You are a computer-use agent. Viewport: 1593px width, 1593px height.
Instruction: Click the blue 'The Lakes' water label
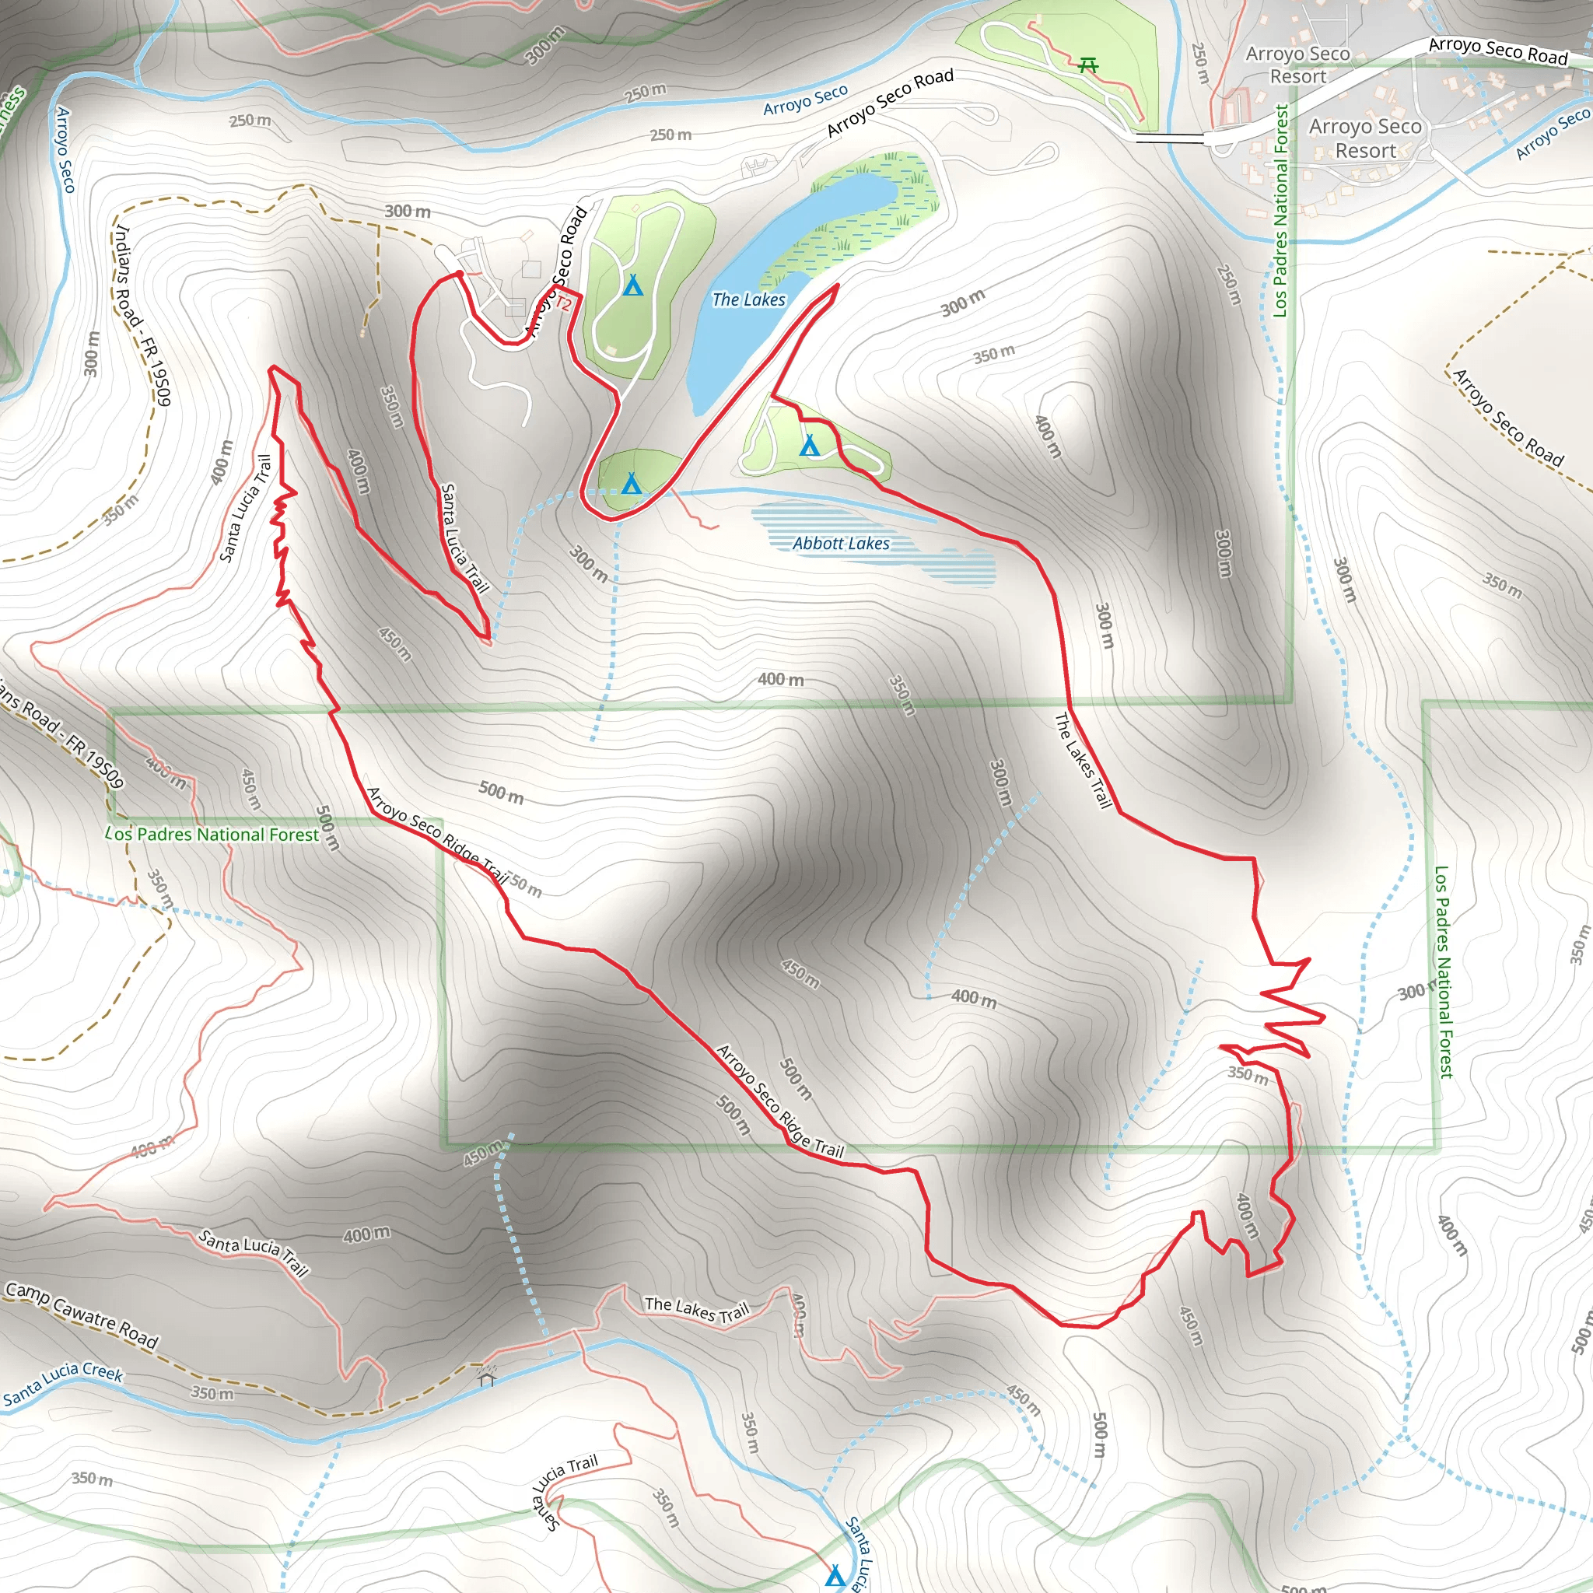(749, 300)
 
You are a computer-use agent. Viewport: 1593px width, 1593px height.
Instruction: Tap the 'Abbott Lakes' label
(841, 544)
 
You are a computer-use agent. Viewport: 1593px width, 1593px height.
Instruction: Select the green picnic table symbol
(1087, 65)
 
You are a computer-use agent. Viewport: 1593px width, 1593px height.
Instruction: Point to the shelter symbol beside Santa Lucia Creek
(486, 1376)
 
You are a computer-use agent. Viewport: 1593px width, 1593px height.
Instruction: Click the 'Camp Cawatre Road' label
(81, 1315)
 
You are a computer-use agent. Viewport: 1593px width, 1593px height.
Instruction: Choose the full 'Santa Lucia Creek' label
(63, 1384)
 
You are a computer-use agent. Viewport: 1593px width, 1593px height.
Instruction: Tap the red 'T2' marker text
(563, 303)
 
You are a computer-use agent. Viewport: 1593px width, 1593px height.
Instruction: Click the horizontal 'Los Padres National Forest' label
(212, 835)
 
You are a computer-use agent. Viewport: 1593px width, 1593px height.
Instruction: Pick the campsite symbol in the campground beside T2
(632, 285)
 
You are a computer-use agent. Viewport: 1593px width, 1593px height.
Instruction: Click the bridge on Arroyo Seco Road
(1169, 138)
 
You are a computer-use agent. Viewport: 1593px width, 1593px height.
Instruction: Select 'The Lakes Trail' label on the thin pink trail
(697, 1308)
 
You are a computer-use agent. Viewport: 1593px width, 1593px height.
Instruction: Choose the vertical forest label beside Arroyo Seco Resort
(1280, 210)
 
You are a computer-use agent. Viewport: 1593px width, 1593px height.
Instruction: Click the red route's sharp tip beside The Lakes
(837, 285)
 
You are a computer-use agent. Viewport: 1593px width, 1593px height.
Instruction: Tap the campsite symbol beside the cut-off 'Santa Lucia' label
(835, 1577)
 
